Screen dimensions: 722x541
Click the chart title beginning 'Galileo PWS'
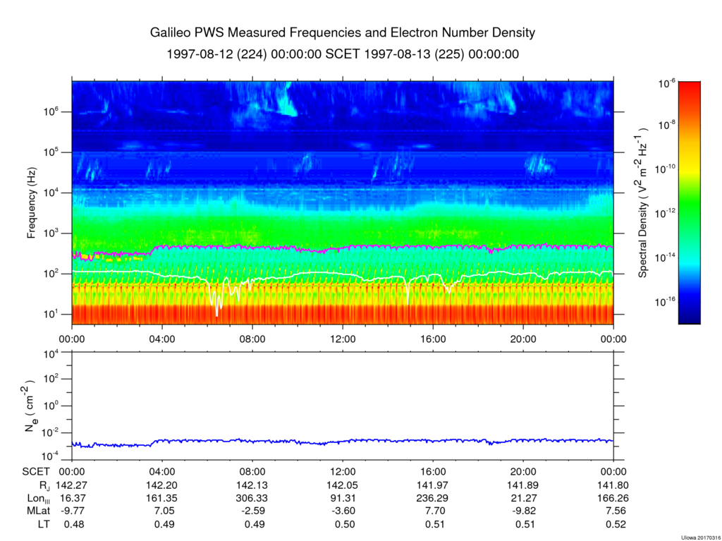(x=343, y=33)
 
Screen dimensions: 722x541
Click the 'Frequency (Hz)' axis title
(x=31, y=202)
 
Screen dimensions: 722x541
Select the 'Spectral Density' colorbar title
(x=643, y=202)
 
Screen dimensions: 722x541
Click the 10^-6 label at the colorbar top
(x=666, y=83)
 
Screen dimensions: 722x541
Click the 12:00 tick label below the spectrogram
(x=343, y=339)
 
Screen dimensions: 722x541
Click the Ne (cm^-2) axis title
(x=30, y=406)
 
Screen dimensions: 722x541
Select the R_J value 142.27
(x=71, y=485)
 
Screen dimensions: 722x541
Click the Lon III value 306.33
(x=252, y=498)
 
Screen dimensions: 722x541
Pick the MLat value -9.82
(x=524, y=511)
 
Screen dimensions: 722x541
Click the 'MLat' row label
(x=37, y=511)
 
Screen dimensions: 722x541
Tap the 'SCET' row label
(x=36, y=472)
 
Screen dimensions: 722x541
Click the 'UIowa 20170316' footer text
(x=700, y=537)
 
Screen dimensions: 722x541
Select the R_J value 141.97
(x=434, y=485)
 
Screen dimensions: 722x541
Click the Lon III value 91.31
(x=343, y=498)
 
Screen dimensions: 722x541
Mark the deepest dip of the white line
(x=217, y=316)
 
